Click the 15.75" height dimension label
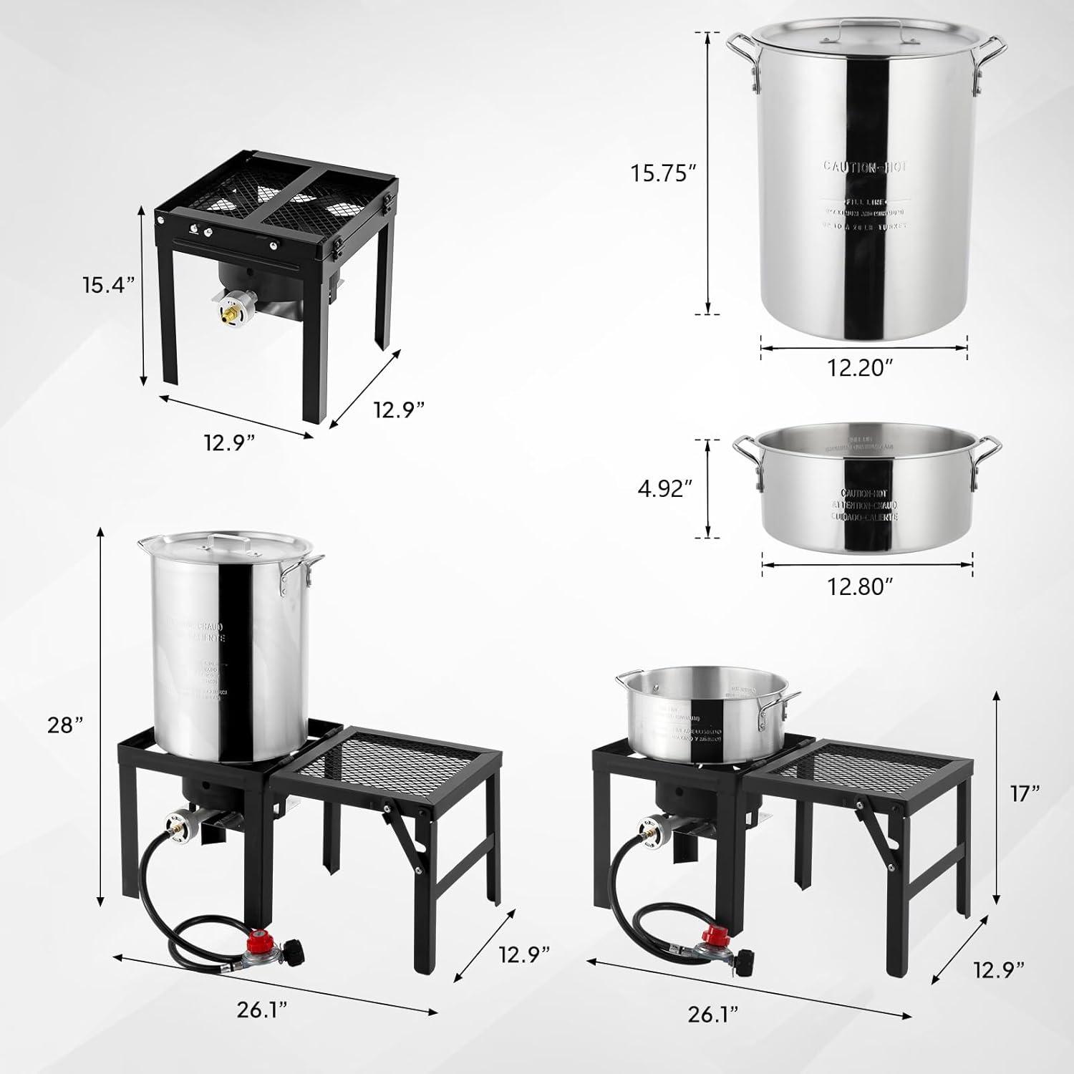pos(663,173)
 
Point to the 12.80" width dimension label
pos(862,586)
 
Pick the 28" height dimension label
pos(68,725)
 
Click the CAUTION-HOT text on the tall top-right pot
pos(864,167)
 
